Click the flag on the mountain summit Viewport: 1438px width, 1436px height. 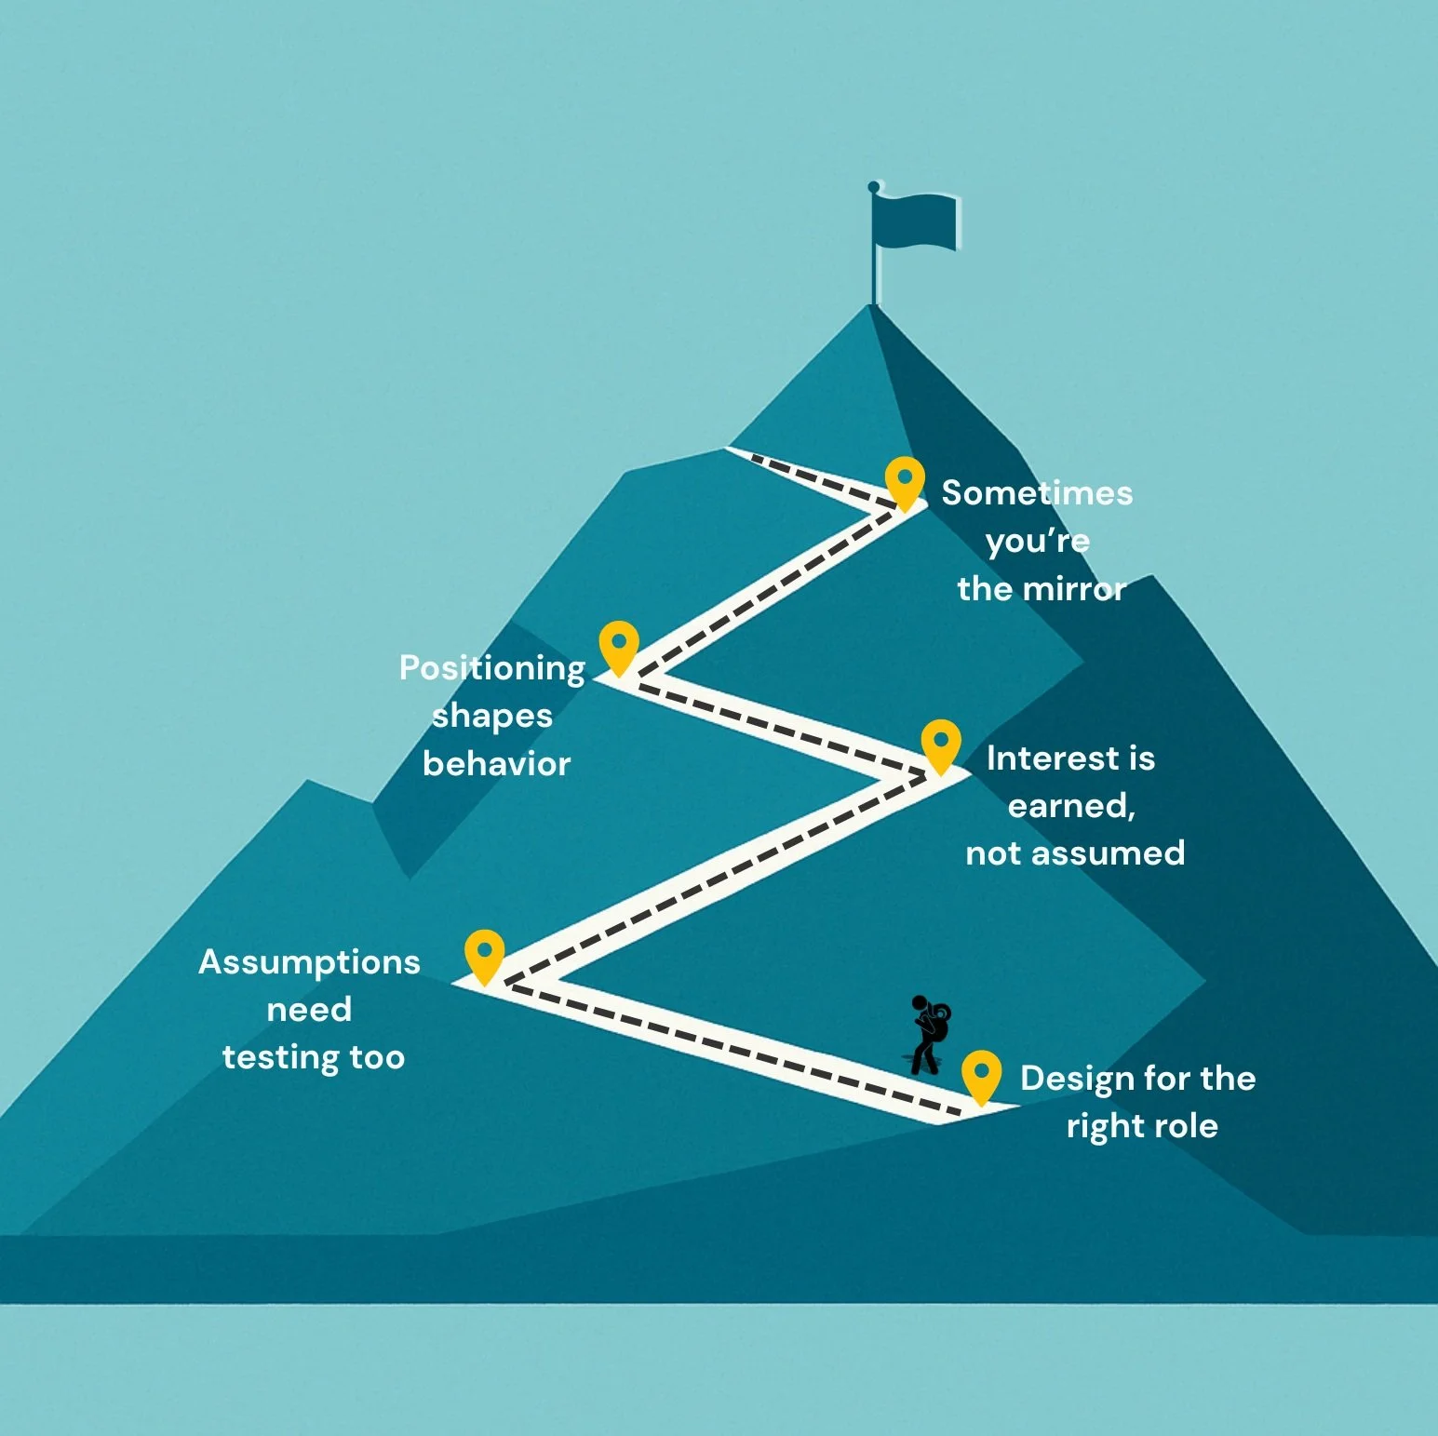[914, 221]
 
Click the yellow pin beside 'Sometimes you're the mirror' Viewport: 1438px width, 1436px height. [905, 482]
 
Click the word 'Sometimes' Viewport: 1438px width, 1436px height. [1037, 493]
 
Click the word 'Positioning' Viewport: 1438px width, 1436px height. [492, 668]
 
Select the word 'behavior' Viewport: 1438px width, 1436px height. [496, 764]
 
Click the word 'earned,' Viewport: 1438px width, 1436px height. [1072, 806]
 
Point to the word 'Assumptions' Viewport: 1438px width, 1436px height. [309, 962]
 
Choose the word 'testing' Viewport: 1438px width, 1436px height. [281, 1058]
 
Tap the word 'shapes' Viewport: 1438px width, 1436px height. [492, 717]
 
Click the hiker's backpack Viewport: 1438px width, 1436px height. [938, 1024]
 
